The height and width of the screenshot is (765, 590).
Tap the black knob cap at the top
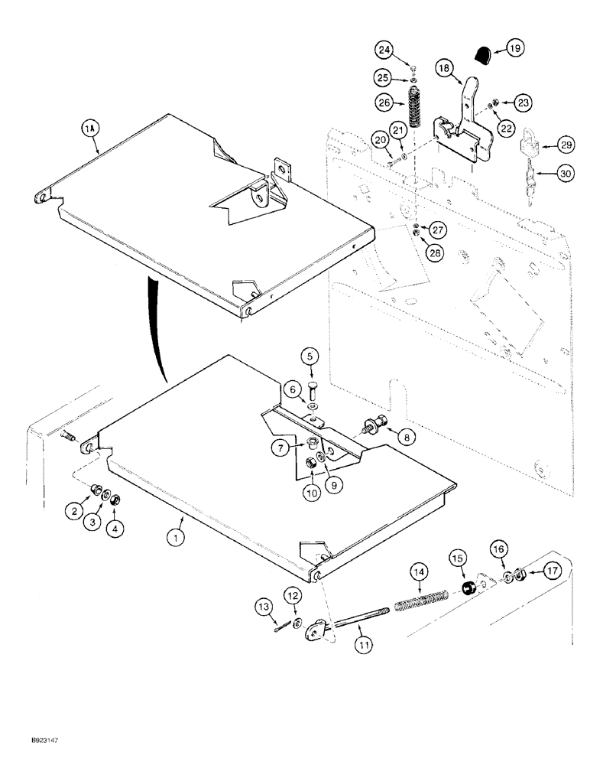point(481,54)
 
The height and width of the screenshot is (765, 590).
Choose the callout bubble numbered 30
point(564,174)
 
